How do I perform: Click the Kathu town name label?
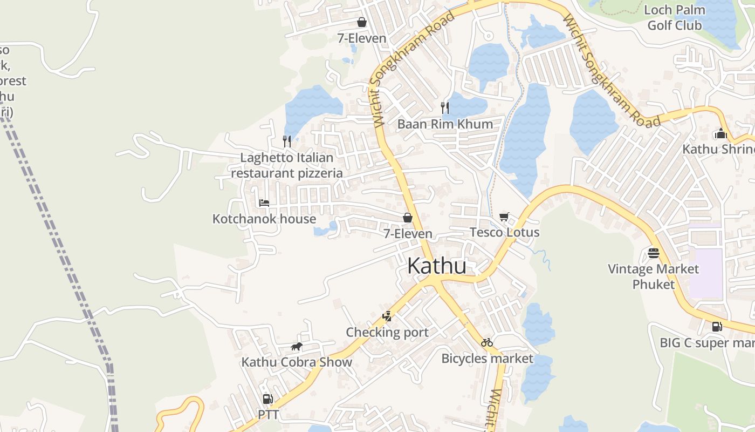(436, 266)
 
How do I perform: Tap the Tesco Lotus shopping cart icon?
(504, 217)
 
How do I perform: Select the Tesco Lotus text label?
(504, 232)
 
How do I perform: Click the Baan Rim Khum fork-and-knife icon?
(445, 107)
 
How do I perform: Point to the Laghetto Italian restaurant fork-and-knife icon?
(287, 141)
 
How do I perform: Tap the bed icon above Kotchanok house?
(264, 203)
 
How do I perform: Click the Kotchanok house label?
(264, 219)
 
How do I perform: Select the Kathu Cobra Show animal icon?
(296, 347)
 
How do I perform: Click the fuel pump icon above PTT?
(267, 399)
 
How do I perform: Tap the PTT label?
(267, 414)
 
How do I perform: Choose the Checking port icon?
(387, 316)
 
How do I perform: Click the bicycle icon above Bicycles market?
(487, 342)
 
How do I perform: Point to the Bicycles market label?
(487, 358)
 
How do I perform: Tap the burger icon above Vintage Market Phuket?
(654, 253)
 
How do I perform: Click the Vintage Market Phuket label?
(653, 276)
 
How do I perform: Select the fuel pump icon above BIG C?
(717, 327)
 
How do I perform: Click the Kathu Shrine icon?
(720, 133)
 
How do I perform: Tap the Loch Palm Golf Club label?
(675, 17)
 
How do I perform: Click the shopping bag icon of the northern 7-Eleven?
(361, 22)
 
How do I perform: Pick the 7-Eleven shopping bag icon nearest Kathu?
(408, 218)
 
